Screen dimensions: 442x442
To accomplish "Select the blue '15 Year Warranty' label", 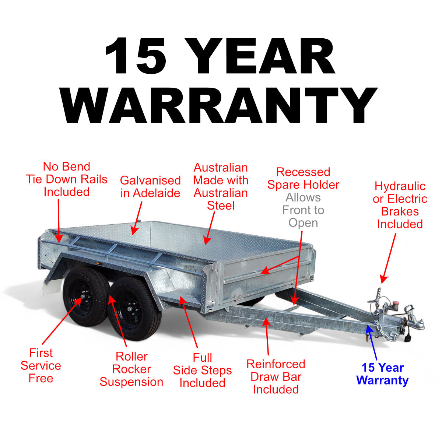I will pyautogui.click(x=383, y=374).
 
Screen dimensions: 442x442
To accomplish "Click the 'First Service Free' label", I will pyautogui.click(x=41, y=365).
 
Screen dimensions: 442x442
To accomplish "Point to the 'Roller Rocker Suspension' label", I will pyautogui.click(x=131, y=369).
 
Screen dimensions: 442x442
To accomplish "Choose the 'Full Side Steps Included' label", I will pyautogui.click(x=202, y=370).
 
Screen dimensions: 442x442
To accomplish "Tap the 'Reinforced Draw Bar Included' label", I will pyautogui.click(x=276, y=376).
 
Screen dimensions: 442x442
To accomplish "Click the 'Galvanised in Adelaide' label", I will pyautogui.click(x=150, y=187).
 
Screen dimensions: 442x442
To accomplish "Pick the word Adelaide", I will pyautogui.click(x=157, y=193).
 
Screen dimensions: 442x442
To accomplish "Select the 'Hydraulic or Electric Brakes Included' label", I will pyautogui.click(x=400, y=205).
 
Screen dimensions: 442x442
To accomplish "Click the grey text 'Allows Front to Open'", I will pyautogui.click(x=303, y=210).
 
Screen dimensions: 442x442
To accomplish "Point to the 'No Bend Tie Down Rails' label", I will pyautogui.click(x=67, y=179).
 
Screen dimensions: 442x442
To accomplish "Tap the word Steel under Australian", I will pyautogui.click(x=221, y=206).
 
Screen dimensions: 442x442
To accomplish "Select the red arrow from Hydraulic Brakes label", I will pyautogui.click(x=389, y=258).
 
